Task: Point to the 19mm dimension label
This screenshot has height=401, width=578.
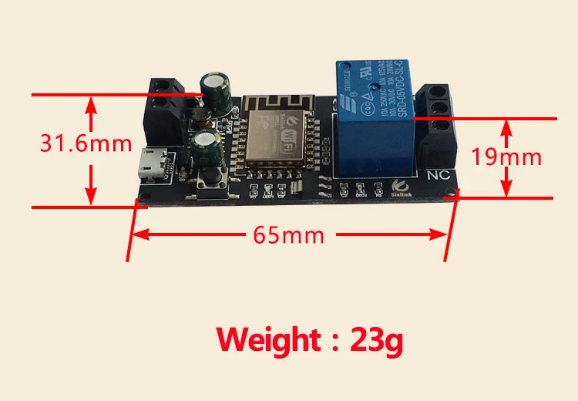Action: coord(506,157)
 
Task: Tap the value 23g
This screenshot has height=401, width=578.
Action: coord(376,339)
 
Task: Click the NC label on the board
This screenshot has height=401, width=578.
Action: coord(438,174)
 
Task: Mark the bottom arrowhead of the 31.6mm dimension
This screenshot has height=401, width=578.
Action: coord(92,200)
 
